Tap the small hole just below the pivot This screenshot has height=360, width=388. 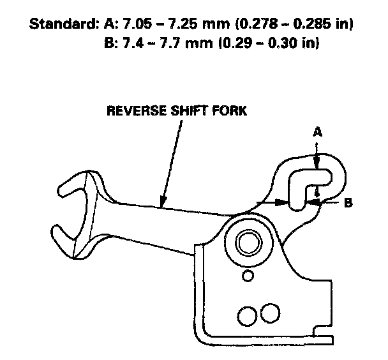[248, 275]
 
